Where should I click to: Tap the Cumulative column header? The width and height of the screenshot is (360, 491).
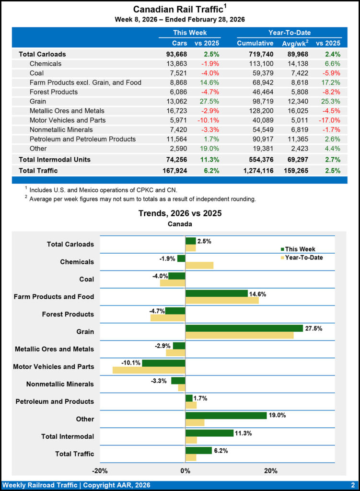tap(255, 43)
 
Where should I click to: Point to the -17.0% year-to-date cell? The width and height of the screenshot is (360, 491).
tap(328, 120)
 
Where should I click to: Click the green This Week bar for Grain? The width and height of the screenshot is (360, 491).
tap(244, 328)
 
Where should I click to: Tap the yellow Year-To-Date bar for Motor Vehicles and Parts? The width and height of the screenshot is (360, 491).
tap(149, 370)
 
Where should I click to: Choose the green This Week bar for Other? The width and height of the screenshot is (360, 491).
tap(226, 415)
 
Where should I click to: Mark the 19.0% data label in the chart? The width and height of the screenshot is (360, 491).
tap(277, 415)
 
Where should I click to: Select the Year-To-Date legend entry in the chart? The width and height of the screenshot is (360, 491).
tap(303, 257)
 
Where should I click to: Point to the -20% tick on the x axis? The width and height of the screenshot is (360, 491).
tap(100, 470)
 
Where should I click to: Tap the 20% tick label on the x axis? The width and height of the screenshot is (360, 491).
tap(271, 470)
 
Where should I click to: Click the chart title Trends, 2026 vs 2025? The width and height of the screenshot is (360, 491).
tap(180, 213)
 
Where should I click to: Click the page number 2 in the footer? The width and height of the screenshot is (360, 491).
tap(352, 485)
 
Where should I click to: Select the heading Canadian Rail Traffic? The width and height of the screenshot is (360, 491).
tap(177, 9)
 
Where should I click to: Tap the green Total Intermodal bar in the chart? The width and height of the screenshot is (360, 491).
tap(209, 433)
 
